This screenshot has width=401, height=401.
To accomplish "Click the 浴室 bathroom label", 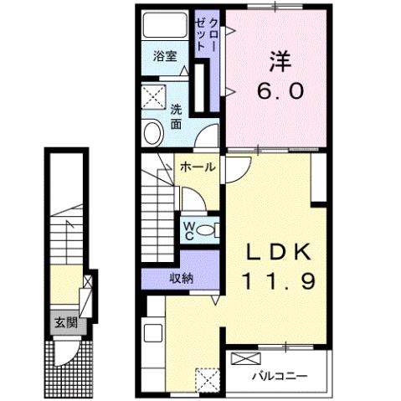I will [x=165, y=57].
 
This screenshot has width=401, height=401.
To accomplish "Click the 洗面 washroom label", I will [x=177, y=116].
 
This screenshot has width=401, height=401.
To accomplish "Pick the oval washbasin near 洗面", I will [x=153, y=132].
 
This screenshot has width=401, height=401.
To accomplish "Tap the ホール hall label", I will [x=198, y=166].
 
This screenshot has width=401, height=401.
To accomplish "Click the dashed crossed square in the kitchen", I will [x=207, y=380].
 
